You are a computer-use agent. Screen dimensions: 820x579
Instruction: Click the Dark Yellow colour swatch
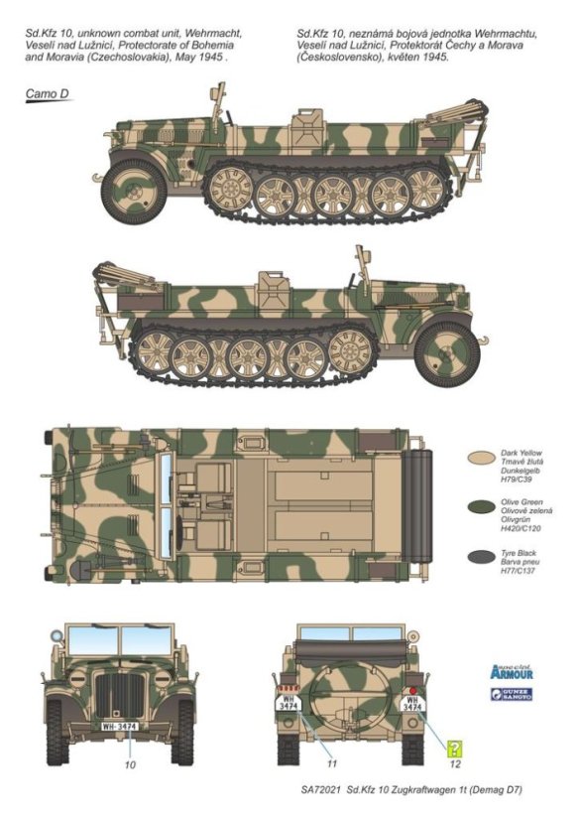pyautogui.click(x=481, y=459)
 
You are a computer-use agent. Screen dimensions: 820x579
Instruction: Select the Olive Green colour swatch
pyautogui.click(x=481, y=510)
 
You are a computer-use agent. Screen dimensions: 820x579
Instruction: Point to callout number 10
pyautogui.click(x=129, y=763)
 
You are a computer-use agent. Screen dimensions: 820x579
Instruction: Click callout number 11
pyautogui.click(x=332, y=763)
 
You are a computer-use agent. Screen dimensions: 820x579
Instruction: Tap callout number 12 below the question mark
pyautogui.click(x=453, y=763)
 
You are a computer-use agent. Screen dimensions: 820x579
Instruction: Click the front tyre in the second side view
pyautogui.click(x=446, y=349)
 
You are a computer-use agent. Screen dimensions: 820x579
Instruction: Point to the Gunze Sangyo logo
pyautogui.click(x=511, y=695)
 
